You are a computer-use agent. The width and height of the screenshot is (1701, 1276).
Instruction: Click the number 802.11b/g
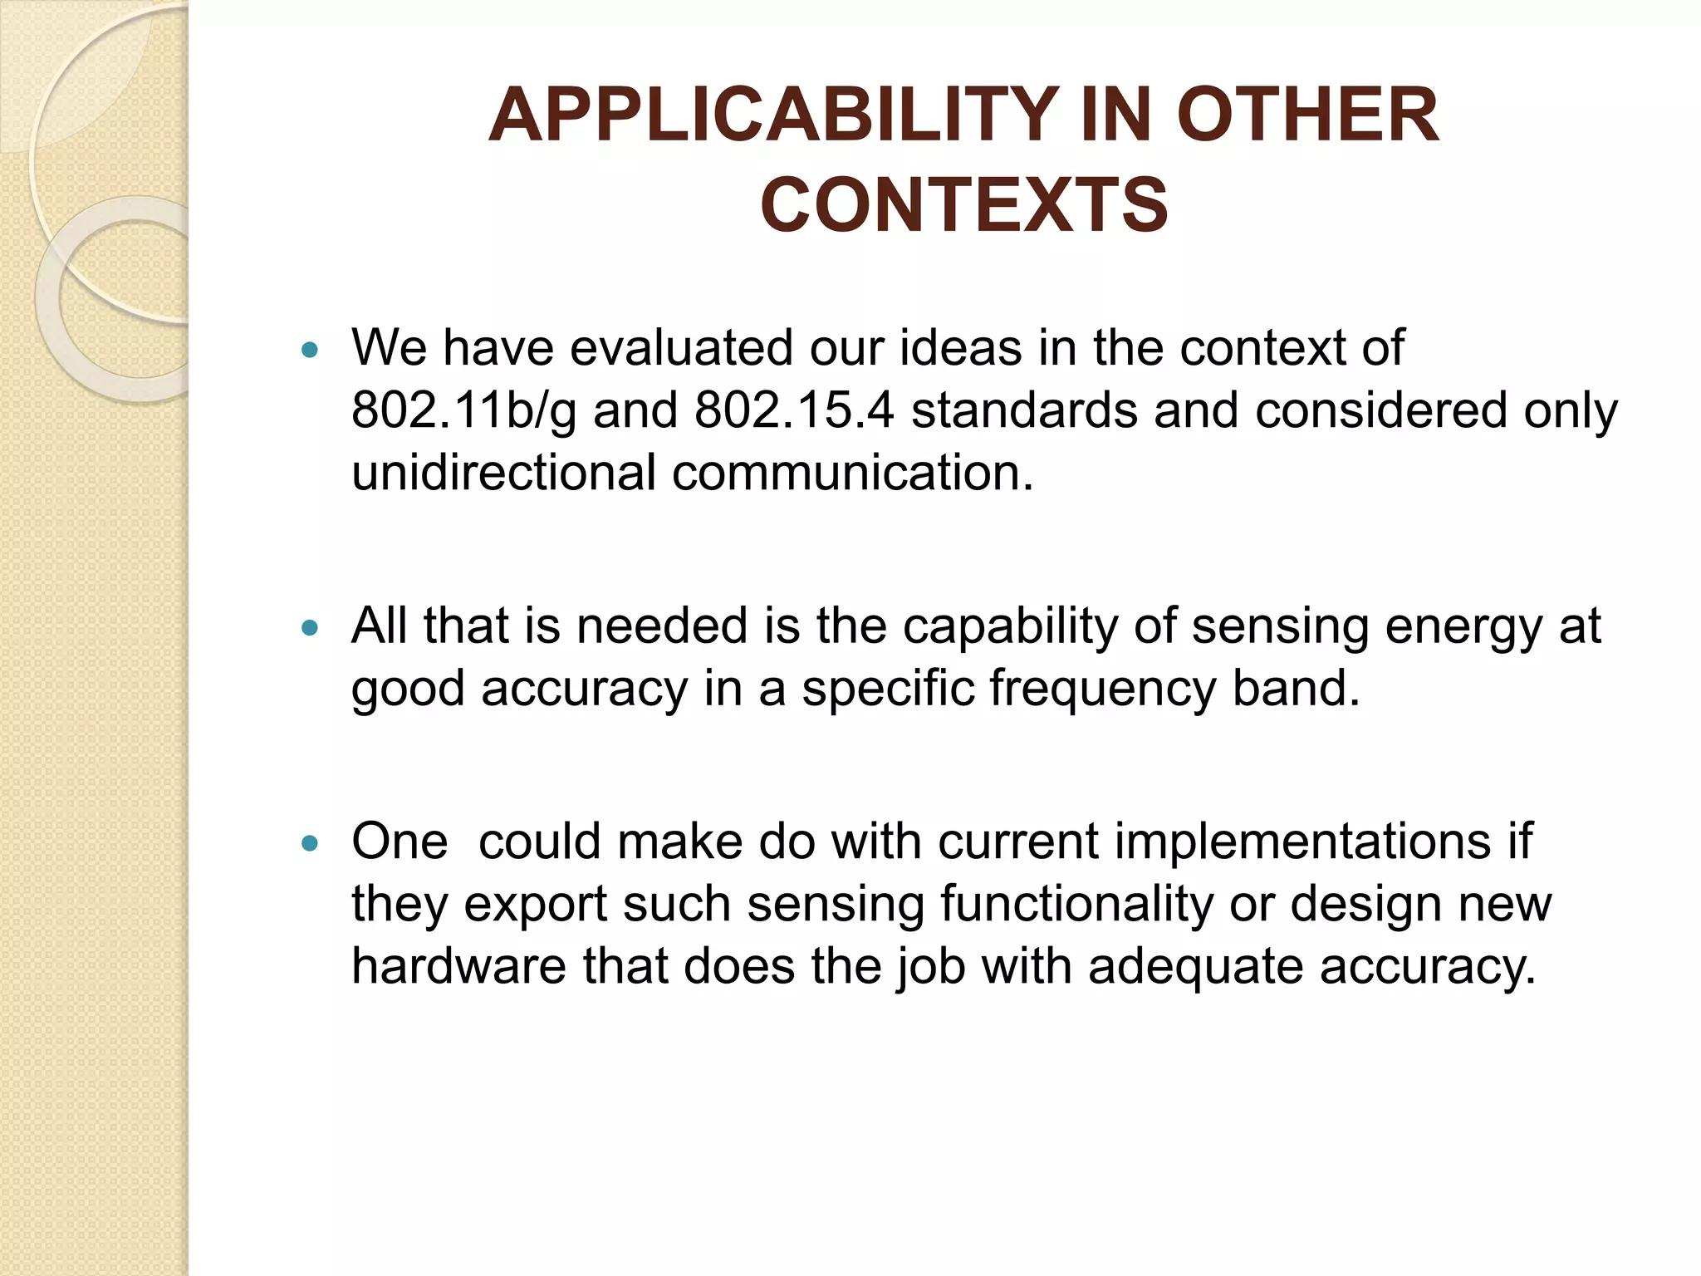[463, 410]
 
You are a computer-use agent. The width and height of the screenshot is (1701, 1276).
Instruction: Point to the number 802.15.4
[794, 410]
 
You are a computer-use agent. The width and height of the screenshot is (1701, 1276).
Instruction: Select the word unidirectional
[504, 472]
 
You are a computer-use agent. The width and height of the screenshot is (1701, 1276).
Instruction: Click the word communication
[853, 472]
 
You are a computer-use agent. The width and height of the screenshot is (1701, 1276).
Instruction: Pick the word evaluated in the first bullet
[681, 347]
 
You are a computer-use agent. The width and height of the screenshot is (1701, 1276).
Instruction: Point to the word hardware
[458, 966]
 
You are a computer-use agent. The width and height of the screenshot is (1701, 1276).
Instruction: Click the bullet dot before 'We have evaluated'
[311, 350]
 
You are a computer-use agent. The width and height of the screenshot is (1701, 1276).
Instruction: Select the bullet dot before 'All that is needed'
[311, 628]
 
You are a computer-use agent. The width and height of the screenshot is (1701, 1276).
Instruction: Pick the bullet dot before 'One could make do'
[311, 844]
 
